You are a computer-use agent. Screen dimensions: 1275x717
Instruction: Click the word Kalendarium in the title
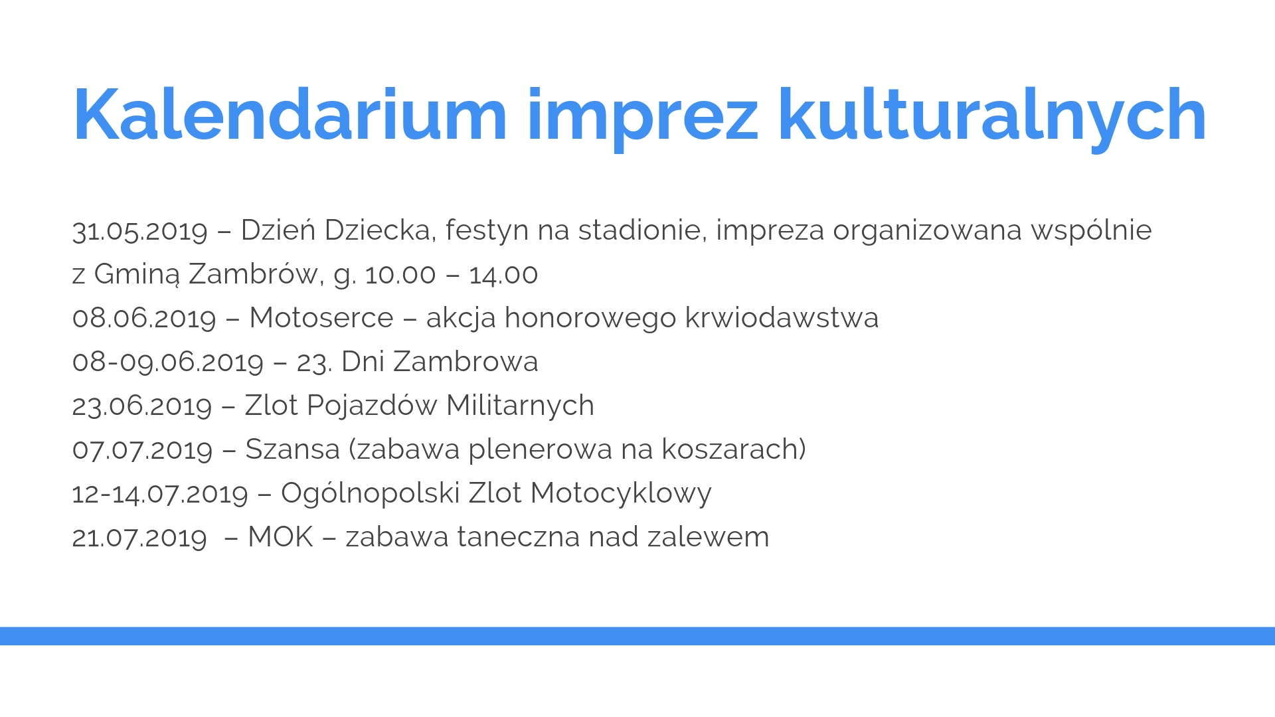click(x=290, y=115)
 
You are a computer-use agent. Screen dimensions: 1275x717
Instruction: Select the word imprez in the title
click(x=642, y=119)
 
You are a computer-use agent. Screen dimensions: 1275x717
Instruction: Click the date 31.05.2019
click(x=140, y=231)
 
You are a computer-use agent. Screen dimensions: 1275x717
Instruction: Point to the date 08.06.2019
click(x=145, y=319)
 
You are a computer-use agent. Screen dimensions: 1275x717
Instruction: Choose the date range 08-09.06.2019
click(x=168, y=362)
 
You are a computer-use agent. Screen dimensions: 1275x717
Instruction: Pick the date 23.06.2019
click(x=142, y=406)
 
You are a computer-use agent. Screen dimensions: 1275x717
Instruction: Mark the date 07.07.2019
click(x=143, y=450)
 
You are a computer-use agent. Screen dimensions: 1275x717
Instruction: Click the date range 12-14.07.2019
click(x=160, y=494)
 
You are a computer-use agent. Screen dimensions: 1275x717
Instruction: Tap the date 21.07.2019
click(x=139, y=538)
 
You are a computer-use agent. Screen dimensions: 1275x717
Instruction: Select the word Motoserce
click(x=321, y=318)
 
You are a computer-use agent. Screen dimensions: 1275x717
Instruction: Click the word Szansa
click(x=293, y=449)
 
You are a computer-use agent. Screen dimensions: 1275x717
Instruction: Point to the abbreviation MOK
click(x=280, y=537)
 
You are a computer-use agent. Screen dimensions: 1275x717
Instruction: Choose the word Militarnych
click(x=520, y=406)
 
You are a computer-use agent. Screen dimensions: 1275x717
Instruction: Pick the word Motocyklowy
click(x=621, y=493)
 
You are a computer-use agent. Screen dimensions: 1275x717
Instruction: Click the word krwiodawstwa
click(x=782, y=318)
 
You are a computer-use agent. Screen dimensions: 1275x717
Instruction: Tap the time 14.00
click(x=503, y=275)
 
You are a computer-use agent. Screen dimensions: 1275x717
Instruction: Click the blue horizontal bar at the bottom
click(x=637, y=636)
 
